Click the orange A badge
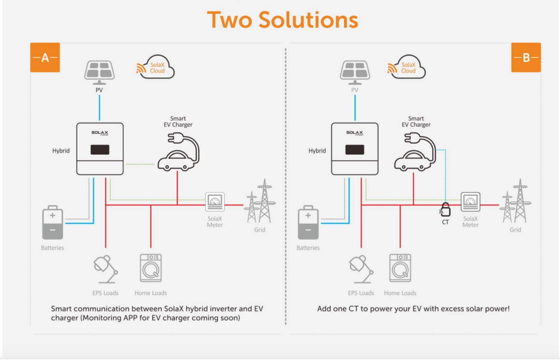pos(45,57)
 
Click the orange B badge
pos(526,57)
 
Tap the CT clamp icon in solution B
pos(445,210)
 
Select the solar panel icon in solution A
pos(99,71)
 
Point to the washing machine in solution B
pos(400,268)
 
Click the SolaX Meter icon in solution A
pos(215,202)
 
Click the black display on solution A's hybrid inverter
pos(100,150)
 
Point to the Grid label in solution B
pos(515,230)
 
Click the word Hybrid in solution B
pos(317,151)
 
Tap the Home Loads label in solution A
pos(150,293)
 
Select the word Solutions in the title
pos(308,20)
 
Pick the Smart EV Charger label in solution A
pos(178,122)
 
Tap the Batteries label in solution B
pos(308,248)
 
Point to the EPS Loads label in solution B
pos(361,293)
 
